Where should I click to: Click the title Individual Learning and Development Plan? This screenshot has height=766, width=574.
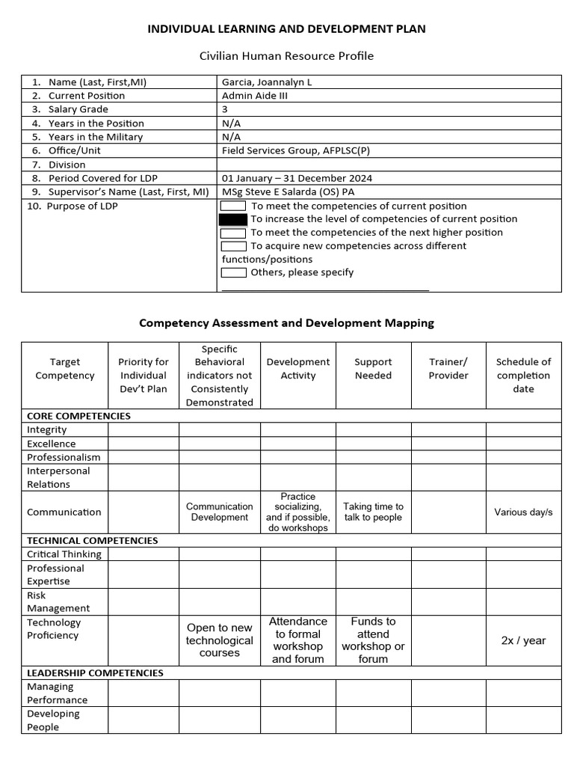click(287, 28)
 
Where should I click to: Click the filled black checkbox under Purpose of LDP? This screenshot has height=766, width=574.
click(233, 219)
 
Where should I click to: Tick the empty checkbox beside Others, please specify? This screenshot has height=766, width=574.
click(233, 272)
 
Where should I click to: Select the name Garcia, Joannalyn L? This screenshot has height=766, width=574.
click(267, 82)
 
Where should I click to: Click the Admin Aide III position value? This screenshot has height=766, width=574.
click(253, 96)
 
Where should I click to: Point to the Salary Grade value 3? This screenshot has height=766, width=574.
click(225, 109)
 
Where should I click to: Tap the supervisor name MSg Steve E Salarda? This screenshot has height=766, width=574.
click(288, 191)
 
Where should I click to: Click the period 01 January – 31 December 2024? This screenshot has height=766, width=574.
click(297, 178)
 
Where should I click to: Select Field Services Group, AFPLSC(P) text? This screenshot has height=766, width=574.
click(294, 150)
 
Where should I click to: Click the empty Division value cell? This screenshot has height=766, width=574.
click(389, 165)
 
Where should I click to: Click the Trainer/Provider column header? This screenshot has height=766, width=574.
click(448, 369)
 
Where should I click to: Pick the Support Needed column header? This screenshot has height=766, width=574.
click(373, 369)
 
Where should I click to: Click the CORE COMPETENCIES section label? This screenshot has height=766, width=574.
click(78, 416)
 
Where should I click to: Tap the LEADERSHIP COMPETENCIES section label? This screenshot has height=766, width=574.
click(95, 672)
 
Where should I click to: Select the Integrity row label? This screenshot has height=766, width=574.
click(47, 430)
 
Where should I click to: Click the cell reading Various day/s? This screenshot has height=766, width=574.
click(523, 512)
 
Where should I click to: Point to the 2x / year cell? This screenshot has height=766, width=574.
click(523, 640)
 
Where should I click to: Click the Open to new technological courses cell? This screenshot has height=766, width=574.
click(220, 640)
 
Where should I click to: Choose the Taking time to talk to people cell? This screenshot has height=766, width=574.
click(373, 512)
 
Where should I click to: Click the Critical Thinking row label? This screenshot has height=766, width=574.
click(64, 554)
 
